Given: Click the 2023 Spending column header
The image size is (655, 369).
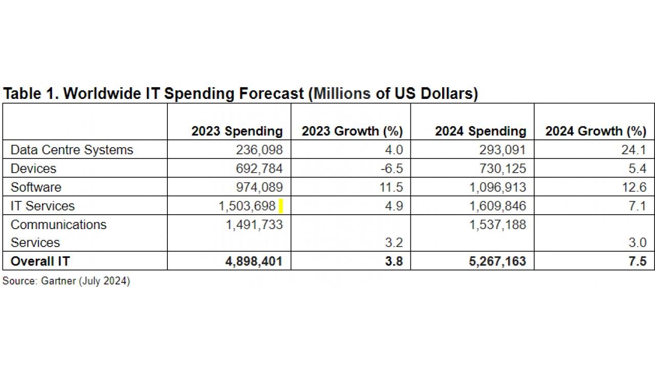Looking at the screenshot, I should pyautogui.click(x=237, y=131).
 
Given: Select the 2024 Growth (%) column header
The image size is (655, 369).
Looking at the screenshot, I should pyautogui.click(x=596, y=131).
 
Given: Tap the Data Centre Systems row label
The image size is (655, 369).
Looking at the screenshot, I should pyautogui.click(x=72, y=150).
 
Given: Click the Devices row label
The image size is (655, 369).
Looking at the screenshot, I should pyautogui.click(x=33, y=169).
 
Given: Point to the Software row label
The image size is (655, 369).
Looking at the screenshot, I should pyautogui.click(x=36, y=187).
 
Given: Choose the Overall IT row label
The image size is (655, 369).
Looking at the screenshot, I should pyautogui.click(x=40, y=261).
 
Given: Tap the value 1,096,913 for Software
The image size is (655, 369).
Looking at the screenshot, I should pyautogui.click(x=497, y=187).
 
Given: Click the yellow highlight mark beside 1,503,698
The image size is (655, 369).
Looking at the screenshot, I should pyautogui.click(x=281, y=207).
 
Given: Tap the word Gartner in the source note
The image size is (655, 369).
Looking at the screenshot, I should pyautogui.click(x=56, y=281).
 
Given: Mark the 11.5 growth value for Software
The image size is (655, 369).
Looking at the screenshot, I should pyautogui.click(x=392, y=187).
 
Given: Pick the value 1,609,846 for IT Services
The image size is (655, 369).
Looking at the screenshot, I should pyautogui.click(x=497, y=206).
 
